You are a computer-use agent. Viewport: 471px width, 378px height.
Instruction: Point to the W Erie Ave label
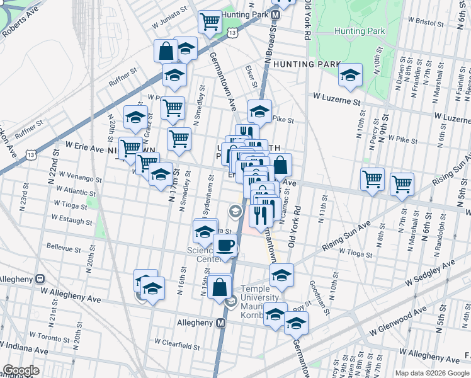[x=80, y=149]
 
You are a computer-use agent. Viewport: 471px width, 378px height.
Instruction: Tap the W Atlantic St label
[x=76, y=190]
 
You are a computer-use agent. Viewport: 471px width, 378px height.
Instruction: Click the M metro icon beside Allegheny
[x=220, y=323]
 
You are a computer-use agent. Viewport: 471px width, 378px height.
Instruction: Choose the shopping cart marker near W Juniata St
[x=210, y=21]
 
